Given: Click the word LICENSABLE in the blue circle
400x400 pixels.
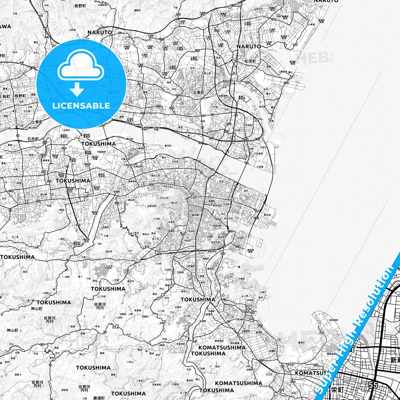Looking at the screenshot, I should click(x=81, y=105).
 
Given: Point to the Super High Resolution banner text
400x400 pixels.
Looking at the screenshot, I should click(x=357, y=326).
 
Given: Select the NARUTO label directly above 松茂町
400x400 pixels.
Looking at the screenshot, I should click(x=249, y=47).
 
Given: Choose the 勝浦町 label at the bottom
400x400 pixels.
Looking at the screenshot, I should click(x=99, y=398).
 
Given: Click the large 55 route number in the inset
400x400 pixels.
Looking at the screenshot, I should click(x=373, y=385).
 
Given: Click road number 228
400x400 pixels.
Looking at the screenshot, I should click(x=178, y=14).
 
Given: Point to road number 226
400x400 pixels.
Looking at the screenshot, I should click(x=197, y=50).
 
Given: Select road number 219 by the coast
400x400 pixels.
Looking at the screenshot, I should click(x=286, y=83).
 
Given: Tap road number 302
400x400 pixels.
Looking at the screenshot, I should click(x=172, y=108).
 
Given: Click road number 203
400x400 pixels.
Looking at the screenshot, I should click(x=117, y=203).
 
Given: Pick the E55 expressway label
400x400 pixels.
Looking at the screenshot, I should click(x=257, y=218).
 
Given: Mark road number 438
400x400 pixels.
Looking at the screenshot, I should click(x=42, y=344).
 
